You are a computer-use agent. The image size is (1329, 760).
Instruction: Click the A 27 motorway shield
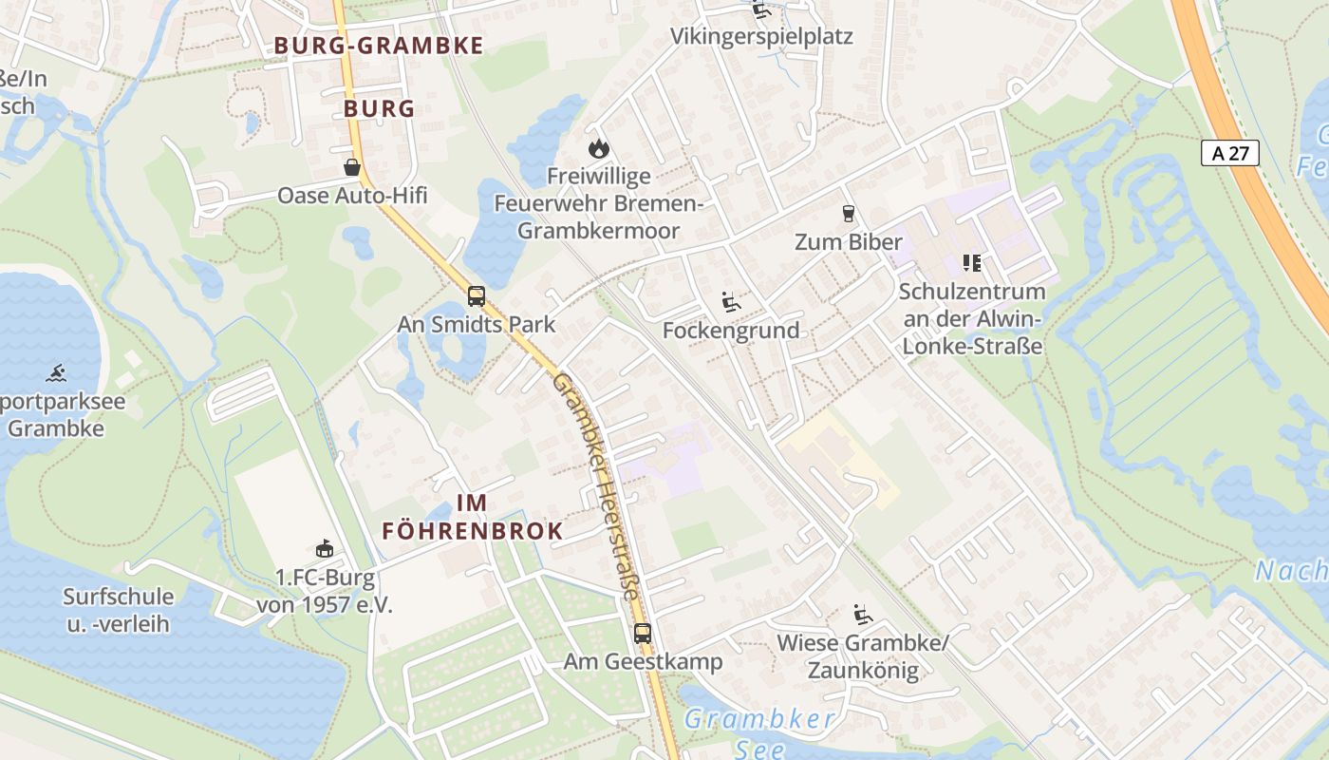[1229, 153]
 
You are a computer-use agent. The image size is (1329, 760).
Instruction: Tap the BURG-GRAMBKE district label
[379, 46]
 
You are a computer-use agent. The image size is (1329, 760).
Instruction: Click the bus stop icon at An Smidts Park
[476, 295]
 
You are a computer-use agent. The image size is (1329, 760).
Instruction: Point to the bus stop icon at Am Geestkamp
[643, 633]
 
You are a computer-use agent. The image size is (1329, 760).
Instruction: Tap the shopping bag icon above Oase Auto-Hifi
[352, 167]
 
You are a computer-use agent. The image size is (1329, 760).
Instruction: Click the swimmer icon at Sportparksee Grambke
[56, 372]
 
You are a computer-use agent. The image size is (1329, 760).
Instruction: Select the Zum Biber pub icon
[849, 214]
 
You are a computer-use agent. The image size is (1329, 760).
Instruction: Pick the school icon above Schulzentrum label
[971, 262]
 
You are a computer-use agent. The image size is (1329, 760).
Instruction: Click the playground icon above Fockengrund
[730, 302]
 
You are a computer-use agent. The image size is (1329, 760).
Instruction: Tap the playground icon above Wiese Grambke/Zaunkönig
[862, 615]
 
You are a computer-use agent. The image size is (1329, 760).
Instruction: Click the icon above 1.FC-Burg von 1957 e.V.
[325, 548]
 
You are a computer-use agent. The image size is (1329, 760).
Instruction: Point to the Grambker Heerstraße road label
[595, 484]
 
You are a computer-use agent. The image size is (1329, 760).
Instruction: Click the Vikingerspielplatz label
[761, 37]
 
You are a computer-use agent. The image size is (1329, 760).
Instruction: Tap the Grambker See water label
[759, 732]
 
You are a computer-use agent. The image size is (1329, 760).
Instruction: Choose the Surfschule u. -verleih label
[119, 610]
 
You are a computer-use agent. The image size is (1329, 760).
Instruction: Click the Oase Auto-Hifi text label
[352, 196]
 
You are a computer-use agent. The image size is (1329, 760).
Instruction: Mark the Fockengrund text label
[731, 331]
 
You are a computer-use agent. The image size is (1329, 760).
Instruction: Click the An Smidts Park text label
[477, 324]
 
